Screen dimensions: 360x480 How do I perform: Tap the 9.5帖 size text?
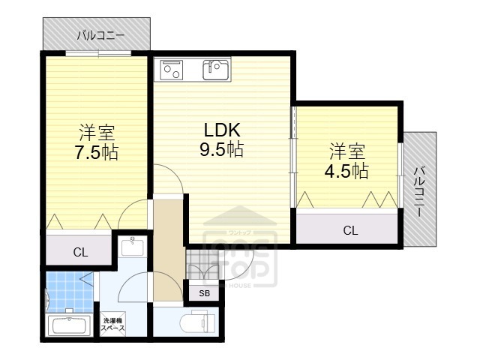click(x=220, y=149)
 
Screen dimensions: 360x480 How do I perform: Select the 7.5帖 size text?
click(x=97, y=152)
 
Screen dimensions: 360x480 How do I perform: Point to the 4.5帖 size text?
click(x=346, y=170)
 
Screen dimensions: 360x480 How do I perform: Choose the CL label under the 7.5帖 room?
click(x=80, y=253)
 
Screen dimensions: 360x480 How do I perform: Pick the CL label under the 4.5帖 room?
click(x=350, y=230)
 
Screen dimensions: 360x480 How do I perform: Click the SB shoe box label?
click(x=204, y=293)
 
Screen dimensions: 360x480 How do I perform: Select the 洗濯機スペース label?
click(x=112, y=325)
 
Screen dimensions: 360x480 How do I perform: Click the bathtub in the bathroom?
click(x=69, y=326)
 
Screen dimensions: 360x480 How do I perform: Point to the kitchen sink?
click(x=215, y=70)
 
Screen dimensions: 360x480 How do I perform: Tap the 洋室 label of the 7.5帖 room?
click(x=97, y=133)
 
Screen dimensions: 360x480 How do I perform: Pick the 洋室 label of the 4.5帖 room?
click(x=346, y=151)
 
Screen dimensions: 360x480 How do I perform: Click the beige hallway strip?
click(x=169, y=247)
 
